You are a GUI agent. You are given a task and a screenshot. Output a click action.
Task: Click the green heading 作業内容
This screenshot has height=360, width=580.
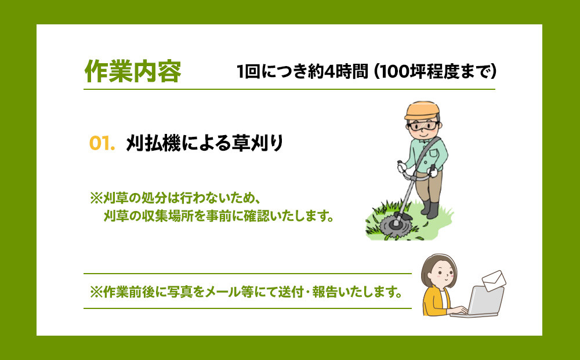pyautogui.click(x=133, y=71)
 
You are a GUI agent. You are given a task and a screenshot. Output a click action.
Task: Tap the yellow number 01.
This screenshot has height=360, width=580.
pyautogui.click(x=102, y=143)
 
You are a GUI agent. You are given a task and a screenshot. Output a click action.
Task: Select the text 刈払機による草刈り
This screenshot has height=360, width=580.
pyautogui.click(x=205, y=143)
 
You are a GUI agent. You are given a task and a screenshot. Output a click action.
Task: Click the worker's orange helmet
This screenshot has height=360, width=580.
pyautogui.click(x=422, y=110)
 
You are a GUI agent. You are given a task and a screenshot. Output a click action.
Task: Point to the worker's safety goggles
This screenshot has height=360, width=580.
pyautogui.click(x=423, y=126)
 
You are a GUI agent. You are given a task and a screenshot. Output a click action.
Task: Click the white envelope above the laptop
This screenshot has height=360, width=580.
pyautogui.click(x=494, y=281)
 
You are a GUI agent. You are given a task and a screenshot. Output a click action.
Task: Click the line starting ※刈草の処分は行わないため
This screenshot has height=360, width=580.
pyautogui.click(x=175, y=198)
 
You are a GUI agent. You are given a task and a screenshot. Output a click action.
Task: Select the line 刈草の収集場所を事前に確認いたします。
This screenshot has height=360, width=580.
pyautogui.click(x=219, y=216)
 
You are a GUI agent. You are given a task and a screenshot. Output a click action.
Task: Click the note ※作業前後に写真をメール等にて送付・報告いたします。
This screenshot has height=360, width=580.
pyautogui.click(x=246, y=292)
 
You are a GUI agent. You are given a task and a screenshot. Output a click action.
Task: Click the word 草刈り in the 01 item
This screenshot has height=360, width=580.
pyautogui.click(x=257, y=143)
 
